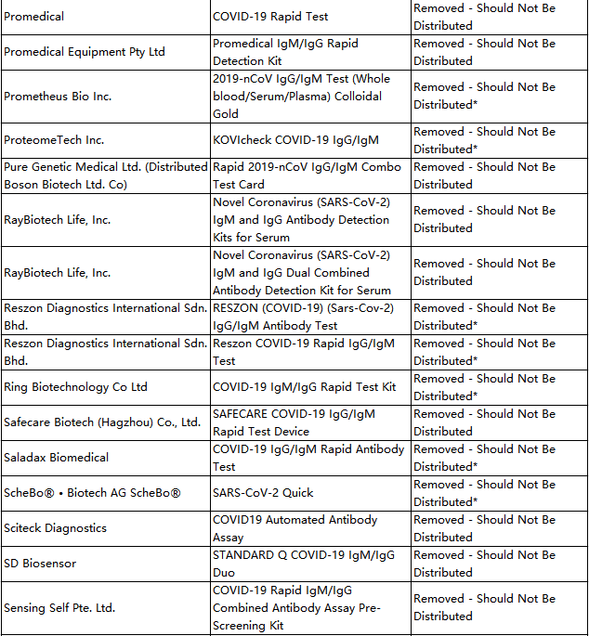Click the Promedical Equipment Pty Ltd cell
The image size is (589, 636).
pyautogui.click(x=85, y=52)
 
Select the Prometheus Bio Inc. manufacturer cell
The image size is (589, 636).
pyautogui.click(x=58, y=96)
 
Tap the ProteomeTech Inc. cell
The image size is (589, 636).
pyautogui.click(x=54, y=140)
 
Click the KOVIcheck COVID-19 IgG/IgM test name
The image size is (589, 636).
pyautogui.click(x=295, y=140)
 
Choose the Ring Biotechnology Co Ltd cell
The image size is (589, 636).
pyautogui.click(x=75, y=387)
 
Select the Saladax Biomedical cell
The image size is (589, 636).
pyautogui.click(x=57, y=458)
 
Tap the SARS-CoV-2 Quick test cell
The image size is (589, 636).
pyautogui.click(x=263, y=493)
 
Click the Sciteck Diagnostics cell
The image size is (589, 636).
pyautogui.click(x=55, y=528)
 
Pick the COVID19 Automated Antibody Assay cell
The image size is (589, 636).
pyautogui.click(x=294, y=528)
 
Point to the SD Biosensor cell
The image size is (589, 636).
pyautogui.click(x=40, y=564)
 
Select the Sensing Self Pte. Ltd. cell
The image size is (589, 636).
pyautogui.click(x=59, y=608)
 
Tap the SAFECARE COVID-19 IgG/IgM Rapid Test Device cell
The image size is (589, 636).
pyautogui.click(x=294, y=422)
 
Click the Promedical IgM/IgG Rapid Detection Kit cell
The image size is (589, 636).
pyautogui.click(x=285, y=52)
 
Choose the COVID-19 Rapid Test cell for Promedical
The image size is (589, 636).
pyautogui.click(x=270, y=17)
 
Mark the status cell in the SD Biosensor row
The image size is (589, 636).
pyautogui.click(x=484, y=564)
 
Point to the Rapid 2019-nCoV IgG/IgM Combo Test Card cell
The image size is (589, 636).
pyautogui.click(x=307, y=175)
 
